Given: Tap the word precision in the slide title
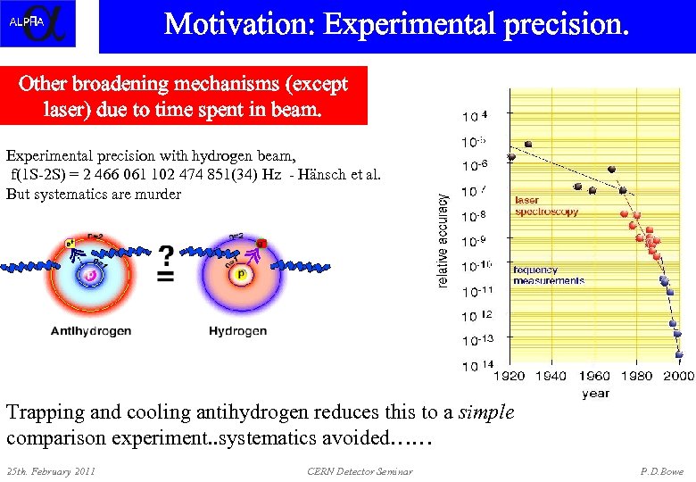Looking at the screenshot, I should coord(561,24).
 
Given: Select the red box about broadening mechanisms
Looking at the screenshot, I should coord(183,96).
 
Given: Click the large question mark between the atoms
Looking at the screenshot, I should coord(166,257).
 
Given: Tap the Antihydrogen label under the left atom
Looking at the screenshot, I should coord(91,331).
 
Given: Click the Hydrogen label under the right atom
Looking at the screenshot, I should coord(237,331).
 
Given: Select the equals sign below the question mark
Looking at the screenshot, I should coord(166,278).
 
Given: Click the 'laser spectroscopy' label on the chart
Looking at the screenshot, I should coord(546,206).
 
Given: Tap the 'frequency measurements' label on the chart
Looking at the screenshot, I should coord(548,275).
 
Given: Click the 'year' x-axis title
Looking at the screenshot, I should coord(595,393).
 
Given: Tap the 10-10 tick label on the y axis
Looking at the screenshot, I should coord(476,265).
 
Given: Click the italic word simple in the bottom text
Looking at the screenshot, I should coord(486,412).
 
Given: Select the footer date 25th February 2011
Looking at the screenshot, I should coord(51,470).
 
